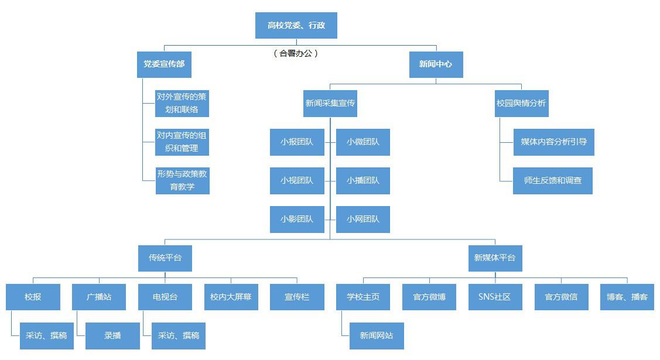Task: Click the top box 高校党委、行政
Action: click(x=296, y=25)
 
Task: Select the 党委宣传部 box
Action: click(x=165, y=64)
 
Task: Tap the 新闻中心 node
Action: click(x=436, y=64)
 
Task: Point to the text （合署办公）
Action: click(x=296, y=53)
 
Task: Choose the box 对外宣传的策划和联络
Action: click(x=182, y=103)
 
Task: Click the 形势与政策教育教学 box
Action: click(x=182, y=180)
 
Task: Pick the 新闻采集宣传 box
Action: click(x=330, y=103)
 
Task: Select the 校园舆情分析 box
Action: click(x=521, y=103)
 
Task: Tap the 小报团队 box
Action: click(x=297, y=142)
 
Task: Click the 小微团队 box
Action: click(x=363, y=142)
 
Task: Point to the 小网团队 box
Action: click(x=363, y=220)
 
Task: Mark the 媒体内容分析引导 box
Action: click(x=554, y=142)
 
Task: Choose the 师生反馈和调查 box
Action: click(x=553, y=180)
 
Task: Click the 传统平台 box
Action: click(x=165, y=258)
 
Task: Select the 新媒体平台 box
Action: click(x=495, y=258)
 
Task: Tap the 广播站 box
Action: click(x=99, y=297)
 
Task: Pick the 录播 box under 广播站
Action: click(x=112, y=335)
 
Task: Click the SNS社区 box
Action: click(x=495, y=297)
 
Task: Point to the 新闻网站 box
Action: click(x=377, y=335)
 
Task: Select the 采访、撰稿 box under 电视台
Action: click(x=179, y=335)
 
